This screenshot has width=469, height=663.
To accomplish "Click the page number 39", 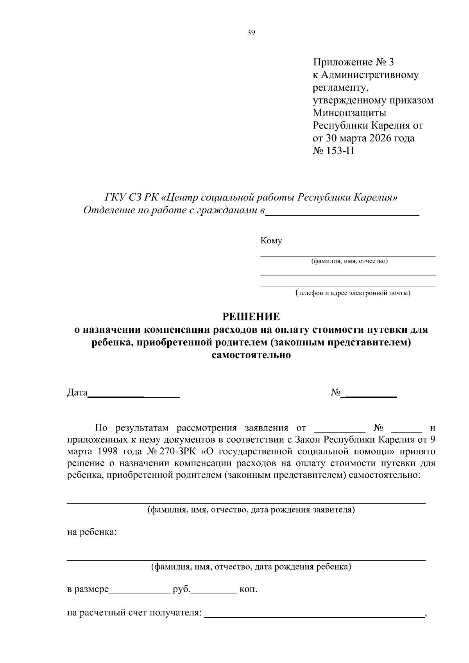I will pos(251,33).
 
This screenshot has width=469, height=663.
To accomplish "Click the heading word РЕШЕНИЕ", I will pos(251,316).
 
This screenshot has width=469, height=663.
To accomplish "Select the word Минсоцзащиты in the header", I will pos(349,113).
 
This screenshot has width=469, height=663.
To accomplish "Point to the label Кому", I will pos(271,241).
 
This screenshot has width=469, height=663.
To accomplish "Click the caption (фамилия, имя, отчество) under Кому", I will pos(349,261).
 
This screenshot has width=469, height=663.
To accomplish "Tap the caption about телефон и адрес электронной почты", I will pos(353,293).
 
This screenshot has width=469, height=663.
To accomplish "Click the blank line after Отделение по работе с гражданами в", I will pos(342,213).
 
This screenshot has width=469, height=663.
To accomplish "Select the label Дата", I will pos(77,393).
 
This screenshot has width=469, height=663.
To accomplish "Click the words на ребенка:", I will pos(92,533).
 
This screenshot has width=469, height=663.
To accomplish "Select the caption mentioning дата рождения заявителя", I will pos(251,510).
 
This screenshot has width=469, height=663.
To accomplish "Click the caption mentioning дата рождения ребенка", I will pos(251,566).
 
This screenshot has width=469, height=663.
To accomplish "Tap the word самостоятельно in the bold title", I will pos(251,355).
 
